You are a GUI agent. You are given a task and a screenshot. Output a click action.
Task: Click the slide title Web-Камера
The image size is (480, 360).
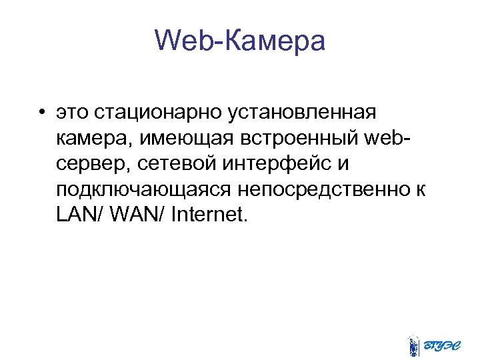[240, 41]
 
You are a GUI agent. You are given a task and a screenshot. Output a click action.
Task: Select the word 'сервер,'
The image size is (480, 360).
[89, 163]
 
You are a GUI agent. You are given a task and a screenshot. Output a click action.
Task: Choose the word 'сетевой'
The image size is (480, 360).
[165, 163]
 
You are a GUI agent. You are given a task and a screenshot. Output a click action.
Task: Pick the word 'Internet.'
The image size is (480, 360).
[209, 215]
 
